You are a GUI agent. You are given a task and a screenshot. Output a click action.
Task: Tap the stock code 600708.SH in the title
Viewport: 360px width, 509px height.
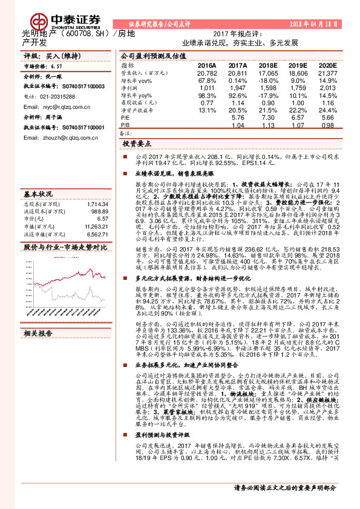(79, 34)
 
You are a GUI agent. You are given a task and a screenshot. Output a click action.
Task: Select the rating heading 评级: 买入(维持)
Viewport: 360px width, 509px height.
(50, 56)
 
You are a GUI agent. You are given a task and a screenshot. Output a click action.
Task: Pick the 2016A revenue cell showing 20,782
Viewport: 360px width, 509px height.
(207, 73)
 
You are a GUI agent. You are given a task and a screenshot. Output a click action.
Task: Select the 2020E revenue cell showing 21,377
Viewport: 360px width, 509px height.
(326, 73)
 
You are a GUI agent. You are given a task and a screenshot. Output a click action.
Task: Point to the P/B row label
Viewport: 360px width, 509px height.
(125, 126)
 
